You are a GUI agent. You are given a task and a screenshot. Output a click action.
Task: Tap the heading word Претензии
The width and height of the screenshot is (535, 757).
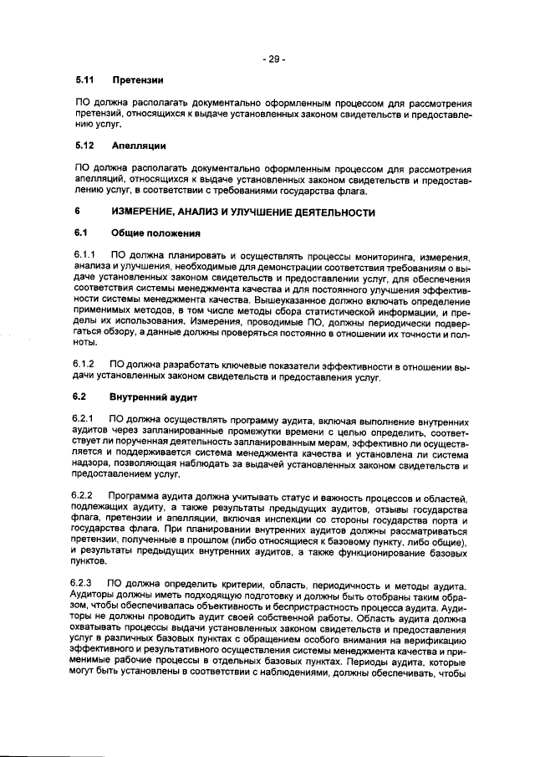136,80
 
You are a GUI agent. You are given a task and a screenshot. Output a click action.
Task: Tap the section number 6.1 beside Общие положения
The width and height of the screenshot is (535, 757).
80,232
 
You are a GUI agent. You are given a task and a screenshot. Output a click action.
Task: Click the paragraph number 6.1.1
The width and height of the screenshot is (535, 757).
85,253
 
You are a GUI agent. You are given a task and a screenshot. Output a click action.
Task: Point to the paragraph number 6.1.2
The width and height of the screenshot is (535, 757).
85,366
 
